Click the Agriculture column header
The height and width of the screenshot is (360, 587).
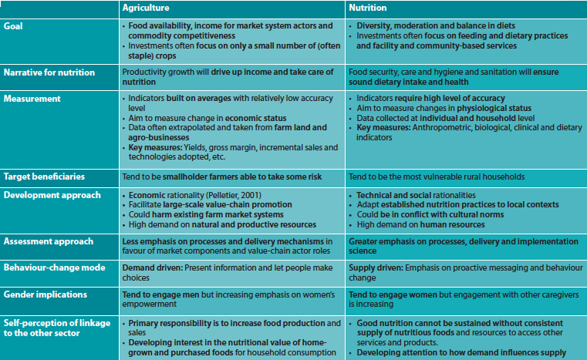pyautogui.click(x=148, y=8)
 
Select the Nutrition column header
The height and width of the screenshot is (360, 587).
pyautogui.click(x=369, y=8)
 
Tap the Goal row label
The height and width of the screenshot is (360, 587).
pyautogui.click(x=15, y=25)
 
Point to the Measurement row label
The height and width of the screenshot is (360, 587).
pyautogui.click(x=32, y=99)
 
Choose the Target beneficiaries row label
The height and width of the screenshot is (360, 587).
pyautogui.click(x=45, y=178)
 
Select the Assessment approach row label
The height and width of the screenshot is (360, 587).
pyautogui.click(x=49, y=241)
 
